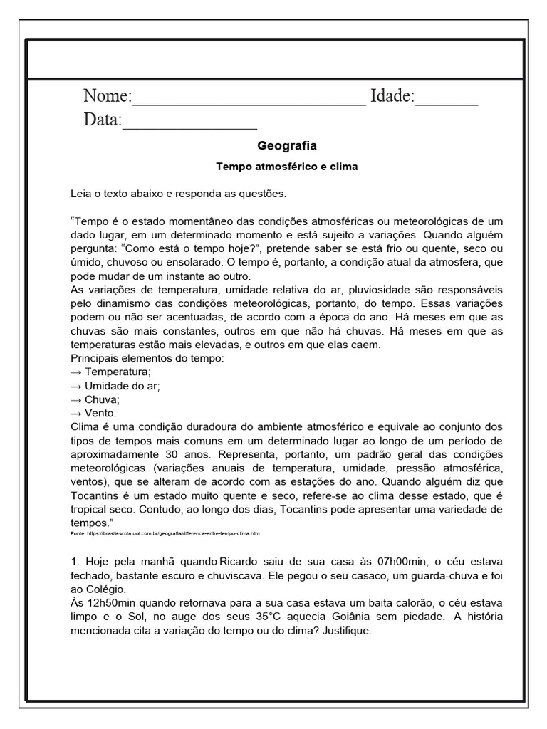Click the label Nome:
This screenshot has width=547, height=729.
click(108, 96)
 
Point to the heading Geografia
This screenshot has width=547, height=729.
click(286, 146)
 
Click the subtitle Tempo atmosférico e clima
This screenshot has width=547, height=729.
click(286, 167)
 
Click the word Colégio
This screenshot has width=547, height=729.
click(105, 590)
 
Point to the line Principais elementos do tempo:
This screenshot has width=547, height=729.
click(147, 358)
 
